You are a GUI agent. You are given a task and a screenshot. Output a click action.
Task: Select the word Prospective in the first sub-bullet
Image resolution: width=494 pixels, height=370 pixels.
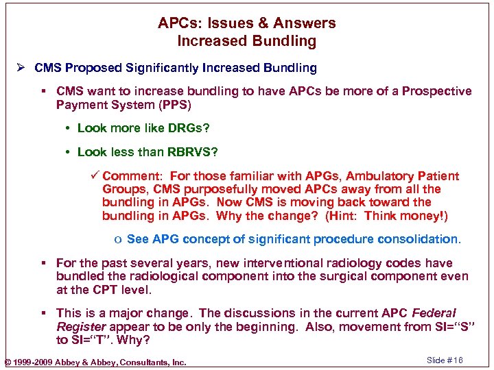(x=437, y=91)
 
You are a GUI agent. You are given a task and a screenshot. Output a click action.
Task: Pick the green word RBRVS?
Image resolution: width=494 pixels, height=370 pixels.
(x=196, y=152)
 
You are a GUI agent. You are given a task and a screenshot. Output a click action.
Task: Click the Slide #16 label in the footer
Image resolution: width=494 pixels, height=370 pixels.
(x=445, y=361)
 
